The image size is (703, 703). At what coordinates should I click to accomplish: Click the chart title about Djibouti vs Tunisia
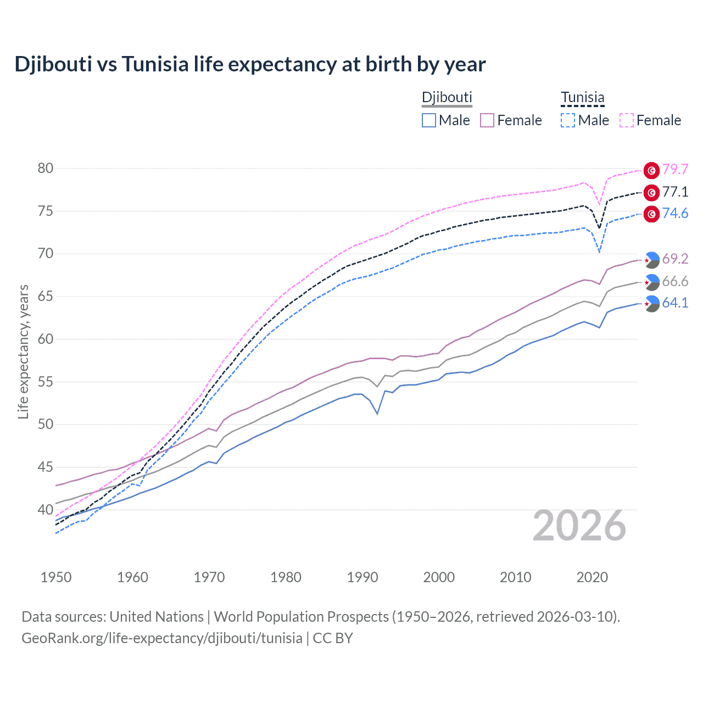pyautogui.click(x=250, y=64)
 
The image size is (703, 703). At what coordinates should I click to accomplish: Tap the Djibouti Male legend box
pyautogui.click(x=429, y=120)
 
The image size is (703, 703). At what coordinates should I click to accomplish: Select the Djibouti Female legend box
pyautogui.click(x=488, y=120)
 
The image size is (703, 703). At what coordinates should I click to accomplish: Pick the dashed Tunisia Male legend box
pyautogui.click(x=568, y=120)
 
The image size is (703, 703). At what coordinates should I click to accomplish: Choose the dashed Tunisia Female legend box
pyautogui.click(x=627, y=120)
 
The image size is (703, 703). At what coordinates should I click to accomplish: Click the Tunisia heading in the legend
pyautogui.click(x=582, y=98)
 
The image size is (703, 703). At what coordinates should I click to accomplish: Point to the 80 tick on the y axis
pyautogui.click(x=46, y=169)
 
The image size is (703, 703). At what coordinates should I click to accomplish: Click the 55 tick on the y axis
pyautogui.click(x=46, y=382)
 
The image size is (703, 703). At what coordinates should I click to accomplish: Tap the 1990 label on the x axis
pyautogui.click(x=362, y=577)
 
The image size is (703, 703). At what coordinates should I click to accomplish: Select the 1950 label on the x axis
pyautogui.click(x=57, y=577)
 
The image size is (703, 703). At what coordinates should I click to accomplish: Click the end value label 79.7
pyautogui.click(x=675, y=170)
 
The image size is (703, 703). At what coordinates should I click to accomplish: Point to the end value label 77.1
pyautogui.click(x=675, y=192)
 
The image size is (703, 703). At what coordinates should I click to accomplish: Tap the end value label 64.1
pyautogui.click(x=675, y=303)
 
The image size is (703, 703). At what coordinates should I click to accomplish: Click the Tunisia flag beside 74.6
pyautogui.click(x=651, y=214)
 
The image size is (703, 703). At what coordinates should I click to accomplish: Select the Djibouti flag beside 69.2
pyautogui.click(x=651, y=259)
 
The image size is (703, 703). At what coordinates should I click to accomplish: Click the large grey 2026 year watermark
pyautogui.click(x=579, y=526)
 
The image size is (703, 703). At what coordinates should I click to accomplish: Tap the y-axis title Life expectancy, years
pyautogui.click(x=24, y=351)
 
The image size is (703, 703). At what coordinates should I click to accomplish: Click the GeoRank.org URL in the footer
pyautogui.click(x=162, y=638)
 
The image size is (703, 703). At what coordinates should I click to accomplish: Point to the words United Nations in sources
pyautogui.click(x=157, y=617)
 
